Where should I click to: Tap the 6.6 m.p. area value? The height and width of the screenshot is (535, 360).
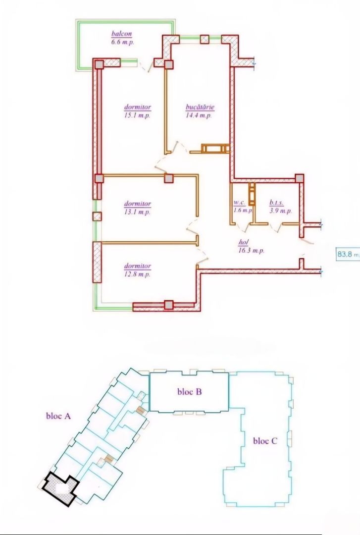[123, 42]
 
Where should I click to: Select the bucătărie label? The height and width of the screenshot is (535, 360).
[200, 107]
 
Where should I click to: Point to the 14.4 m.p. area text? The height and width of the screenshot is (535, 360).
[200, 115]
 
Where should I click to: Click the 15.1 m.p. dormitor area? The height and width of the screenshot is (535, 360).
[138, 115]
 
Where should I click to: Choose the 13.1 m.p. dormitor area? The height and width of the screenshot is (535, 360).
[138, 212]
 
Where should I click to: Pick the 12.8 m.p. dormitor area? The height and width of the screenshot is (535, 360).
[138, 274]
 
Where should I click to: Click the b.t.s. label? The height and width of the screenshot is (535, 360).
[276, 203]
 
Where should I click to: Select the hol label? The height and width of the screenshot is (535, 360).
[243, 243]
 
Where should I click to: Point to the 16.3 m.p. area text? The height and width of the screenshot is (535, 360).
[251, 251]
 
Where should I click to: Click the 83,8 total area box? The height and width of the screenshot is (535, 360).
[348, 254]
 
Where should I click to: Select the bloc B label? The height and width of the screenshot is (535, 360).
[189, 391]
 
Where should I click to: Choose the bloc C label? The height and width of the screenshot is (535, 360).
[265, 441]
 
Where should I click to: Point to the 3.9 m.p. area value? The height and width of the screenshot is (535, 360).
[280, 211]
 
